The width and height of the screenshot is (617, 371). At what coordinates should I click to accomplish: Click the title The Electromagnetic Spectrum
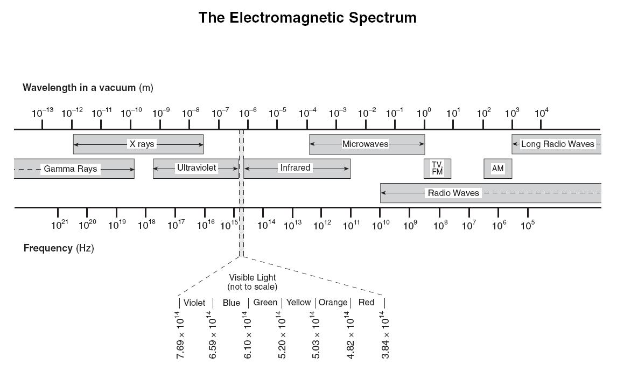tap(307, 18)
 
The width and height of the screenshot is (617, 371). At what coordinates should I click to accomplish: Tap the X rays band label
tap(141, 144)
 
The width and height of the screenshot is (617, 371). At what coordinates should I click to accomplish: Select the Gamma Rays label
tap(71, 169)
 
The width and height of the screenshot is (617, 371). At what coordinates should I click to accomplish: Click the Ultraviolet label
tap(197, 168)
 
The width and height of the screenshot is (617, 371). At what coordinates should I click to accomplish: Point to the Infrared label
tap(295, 168)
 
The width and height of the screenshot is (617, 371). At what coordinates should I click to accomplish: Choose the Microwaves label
tap(365, 144)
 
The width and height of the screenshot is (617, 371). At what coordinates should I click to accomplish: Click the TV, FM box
tap(437, 168)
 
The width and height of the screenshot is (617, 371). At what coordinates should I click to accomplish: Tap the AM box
tap(497, 169)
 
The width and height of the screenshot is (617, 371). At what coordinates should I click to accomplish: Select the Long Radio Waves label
tap(557, 144)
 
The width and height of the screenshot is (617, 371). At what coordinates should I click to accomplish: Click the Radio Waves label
tap(453, 193)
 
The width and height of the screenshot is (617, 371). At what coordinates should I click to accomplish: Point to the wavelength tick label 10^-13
tap(43, 113)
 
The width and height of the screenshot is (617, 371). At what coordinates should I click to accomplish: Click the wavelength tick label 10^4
tap(541, 113)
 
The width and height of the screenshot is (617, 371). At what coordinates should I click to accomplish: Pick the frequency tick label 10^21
tap(59, 225)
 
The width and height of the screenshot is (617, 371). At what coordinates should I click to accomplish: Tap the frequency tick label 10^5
tap(527, 225)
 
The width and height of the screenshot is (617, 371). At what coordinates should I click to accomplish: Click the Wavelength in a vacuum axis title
tap(88, 87)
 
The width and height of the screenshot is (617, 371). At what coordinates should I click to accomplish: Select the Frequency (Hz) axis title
tap(59, 248)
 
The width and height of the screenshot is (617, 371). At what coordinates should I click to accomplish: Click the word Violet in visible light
tap(194, 303)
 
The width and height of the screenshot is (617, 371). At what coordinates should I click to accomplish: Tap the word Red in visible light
tap(366, 303)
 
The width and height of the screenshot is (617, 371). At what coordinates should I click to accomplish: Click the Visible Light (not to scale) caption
tap(253, 282)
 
